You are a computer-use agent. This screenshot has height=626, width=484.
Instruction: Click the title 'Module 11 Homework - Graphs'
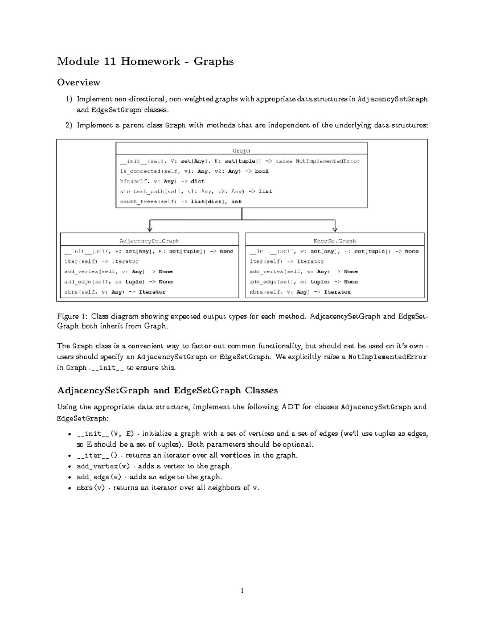pos(145,61)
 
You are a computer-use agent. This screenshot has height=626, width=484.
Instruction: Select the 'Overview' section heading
pos(78,83)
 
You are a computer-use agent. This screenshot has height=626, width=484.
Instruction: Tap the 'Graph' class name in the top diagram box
pos(241,151)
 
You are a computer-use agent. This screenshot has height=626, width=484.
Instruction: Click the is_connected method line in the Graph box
pos(194,171)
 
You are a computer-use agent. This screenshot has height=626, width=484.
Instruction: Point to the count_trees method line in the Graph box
pos(180,202)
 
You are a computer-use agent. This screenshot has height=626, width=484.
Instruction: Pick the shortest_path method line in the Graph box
pos(196,191)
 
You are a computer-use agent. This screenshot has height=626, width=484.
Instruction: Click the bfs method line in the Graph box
pos(162,181)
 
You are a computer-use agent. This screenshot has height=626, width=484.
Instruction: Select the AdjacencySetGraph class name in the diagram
pos(149,241)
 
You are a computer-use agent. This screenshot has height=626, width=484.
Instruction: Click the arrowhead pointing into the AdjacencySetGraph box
pos(150,229)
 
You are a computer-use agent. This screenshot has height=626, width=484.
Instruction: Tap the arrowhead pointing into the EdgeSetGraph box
pos(335,229)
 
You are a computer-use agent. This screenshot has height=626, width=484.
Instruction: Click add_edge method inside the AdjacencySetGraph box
pos(118,282)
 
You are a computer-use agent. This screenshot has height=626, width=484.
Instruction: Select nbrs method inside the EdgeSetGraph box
pos(300,292)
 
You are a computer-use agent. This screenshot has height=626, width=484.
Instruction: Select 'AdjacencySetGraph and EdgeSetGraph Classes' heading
pos(167,390)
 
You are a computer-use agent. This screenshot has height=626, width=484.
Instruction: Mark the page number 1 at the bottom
pos(242,591)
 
